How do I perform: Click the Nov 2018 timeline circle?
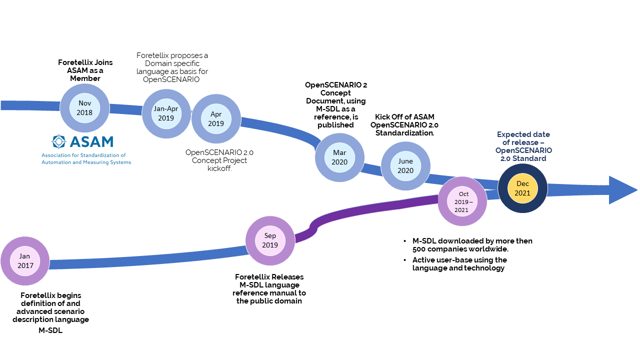[x=84, y=108]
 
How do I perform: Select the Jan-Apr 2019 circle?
[x=166, y=113]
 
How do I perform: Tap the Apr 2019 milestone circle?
[x=216, y=119]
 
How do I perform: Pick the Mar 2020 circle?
[x=339, y=157]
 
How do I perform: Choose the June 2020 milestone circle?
[x=405, y=166]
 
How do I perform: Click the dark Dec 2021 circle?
[x=522, y=188]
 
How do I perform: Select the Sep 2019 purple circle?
[x=270, y=240]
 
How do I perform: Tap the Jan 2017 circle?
[x=25, y=261]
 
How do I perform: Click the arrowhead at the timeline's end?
[x=622, y=190]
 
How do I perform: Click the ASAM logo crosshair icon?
[x=59, y=141]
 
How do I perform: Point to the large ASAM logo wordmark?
[x=91, y=142]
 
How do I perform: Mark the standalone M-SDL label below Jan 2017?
[x=50, y=330]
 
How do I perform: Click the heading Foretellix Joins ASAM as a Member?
[x=85, y=70]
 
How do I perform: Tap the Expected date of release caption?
[x=523, y=146]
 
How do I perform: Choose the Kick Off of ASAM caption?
[x=406, y=125]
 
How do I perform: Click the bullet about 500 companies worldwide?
[x=471, y=245]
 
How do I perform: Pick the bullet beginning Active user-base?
[x=459, y=264]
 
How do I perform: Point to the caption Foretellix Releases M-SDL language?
[x=269, y=288]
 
